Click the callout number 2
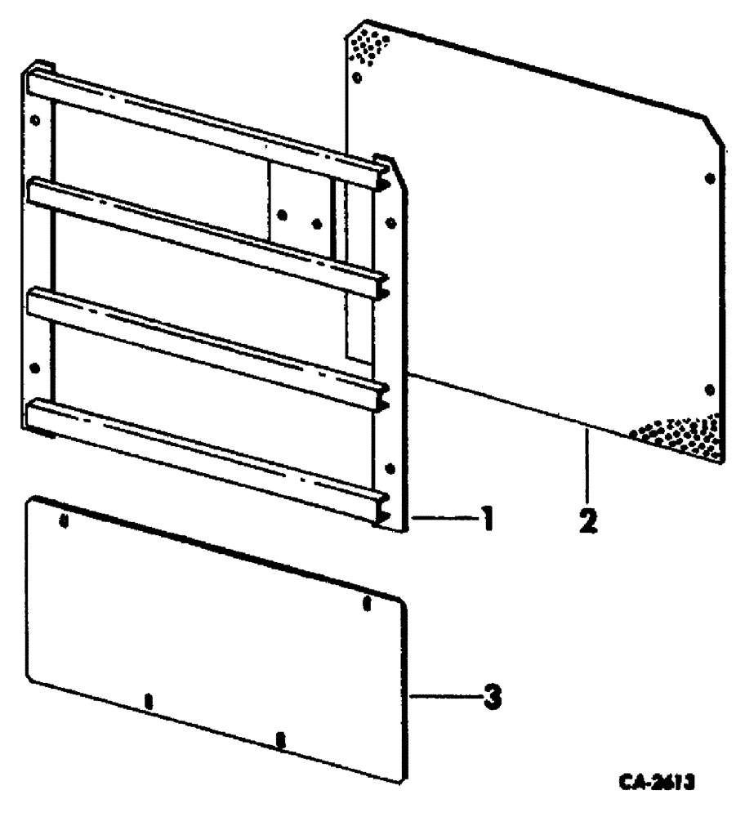pyautogui.click(x=587, y=520)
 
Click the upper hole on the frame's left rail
pyautogui.click(x=33, y=119)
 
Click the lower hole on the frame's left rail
pyautogui.click(x=33, y=368)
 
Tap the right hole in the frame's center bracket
pyautogui.click(x=317, y=222)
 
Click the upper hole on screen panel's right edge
pyautogui.click(x=709, y=177)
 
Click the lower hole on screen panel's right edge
pyautogui.click(x=709, y=390)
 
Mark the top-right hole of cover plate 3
pyautogui.click(x=367, y=605)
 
